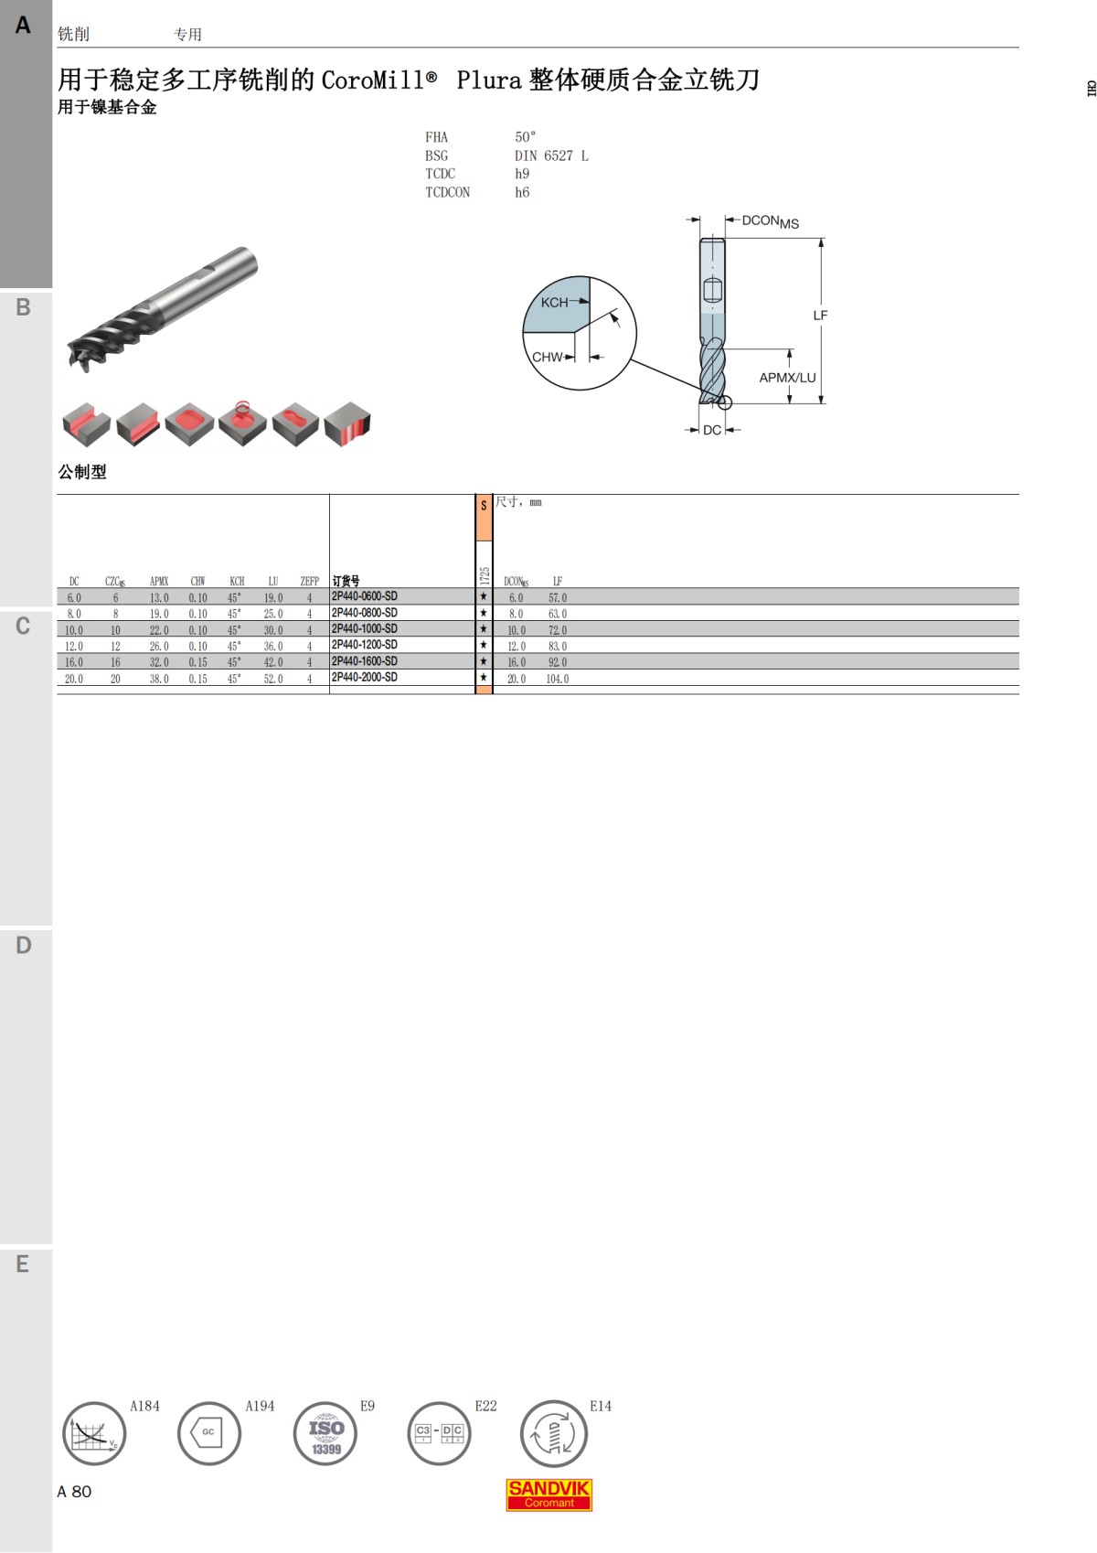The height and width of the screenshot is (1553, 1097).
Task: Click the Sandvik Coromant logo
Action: click(548, 1494)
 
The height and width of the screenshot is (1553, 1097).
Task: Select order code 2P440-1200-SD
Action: click(365, 645)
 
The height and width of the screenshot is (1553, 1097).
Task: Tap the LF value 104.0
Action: click(557, 679)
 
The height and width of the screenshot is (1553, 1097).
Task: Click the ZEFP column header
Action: click(310, 581)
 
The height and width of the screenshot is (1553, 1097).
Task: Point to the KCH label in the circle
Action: click(554, 303)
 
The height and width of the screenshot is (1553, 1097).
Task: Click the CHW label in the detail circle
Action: click(547, 357)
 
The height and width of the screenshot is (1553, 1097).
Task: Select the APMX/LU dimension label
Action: click(787, 378)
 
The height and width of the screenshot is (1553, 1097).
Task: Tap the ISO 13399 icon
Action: click(325, 1433)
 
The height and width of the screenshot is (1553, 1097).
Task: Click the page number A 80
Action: click(74, 1492)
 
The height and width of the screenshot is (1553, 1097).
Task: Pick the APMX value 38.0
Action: click(159, 679)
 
